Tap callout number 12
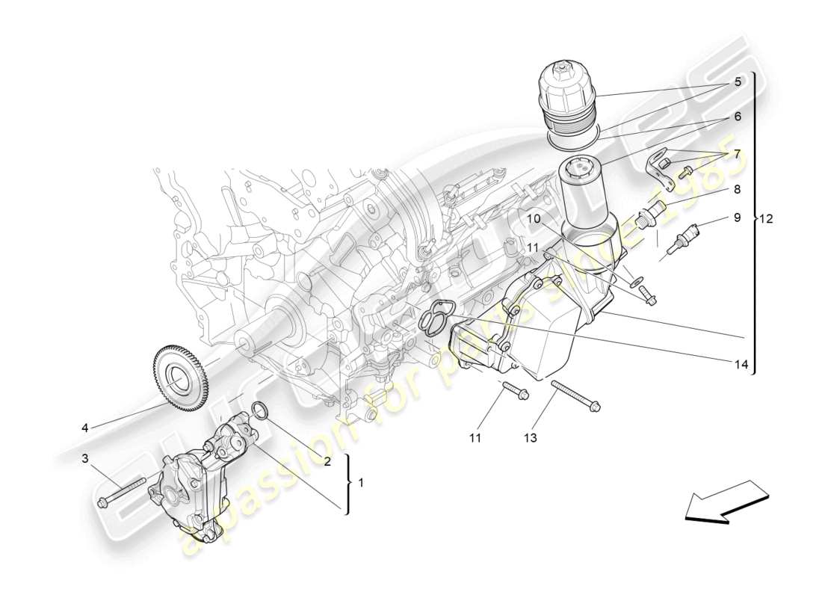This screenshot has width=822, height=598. click(x=766, y=219)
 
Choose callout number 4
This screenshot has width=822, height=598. click(x=84, y=428)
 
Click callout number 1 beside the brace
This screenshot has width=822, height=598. click(x=361, y=483)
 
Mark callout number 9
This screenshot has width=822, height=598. click(x=736, y=218)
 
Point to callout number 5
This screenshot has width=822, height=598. click(x=737, y=82)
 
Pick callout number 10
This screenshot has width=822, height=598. click(x=534, y=218)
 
